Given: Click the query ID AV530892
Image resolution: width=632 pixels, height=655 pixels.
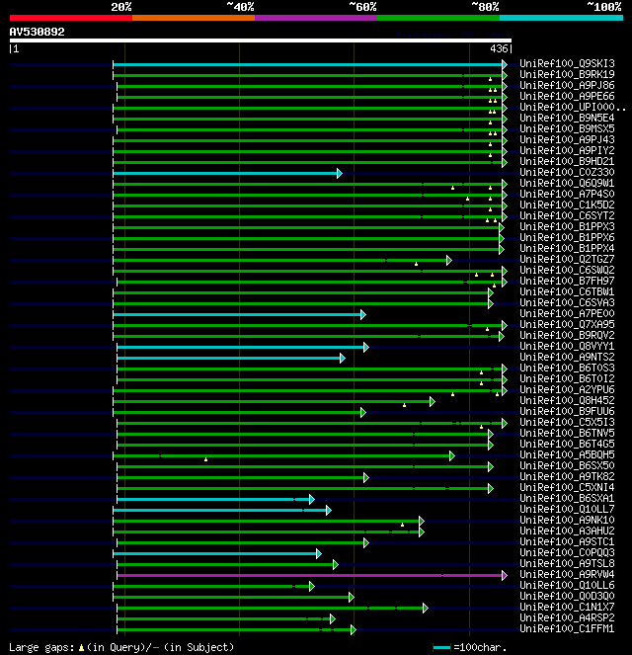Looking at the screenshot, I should (38, 32).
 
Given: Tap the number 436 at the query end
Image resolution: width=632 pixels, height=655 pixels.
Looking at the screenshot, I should (499, 48).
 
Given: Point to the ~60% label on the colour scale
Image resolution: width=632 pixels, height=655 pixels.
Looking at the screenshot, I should (362, 7).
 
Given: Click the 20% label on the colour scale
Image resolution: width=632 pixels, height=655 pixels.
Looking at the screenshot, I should (121, 7).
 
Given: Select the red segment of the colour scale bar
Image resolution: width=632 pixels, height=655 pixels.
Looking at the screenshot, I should (70, 17).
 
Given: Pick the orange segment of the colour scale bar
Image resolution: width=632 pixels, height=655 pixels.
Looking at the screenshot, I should (193, 17).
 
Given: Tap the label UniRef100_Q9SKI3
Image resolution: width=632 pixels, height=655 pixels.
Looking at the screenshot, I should (567, 64).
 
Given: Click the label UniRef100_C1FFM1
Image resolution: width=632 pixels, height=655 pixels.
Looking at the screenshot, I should (567, 629).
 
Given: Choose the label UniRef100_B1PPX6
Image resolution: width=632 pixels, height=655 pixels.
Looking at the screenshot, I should (567, 238).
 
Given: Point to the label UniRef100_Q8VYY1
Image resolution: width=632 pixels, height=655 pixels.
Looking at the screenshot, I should (567, 347).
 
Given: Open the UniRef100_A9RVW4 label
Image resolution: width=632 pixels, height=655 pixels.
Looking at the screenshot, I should (567, 575).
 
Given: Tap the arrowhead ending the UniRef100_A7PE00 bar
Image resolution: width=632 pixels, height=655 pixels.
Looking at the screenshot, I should (363, 314).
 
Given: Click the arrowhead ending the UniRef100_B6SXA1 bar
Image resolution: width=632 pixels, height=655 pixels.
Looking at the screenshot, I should (311, 499).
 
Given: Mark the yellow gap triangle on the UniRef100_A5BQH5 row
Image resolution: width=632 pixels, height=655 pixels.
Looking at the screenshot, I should (205, 458).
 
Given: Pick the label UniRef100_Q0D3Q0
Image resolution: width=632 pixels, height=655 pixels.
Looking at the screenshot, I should (567, 597).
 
